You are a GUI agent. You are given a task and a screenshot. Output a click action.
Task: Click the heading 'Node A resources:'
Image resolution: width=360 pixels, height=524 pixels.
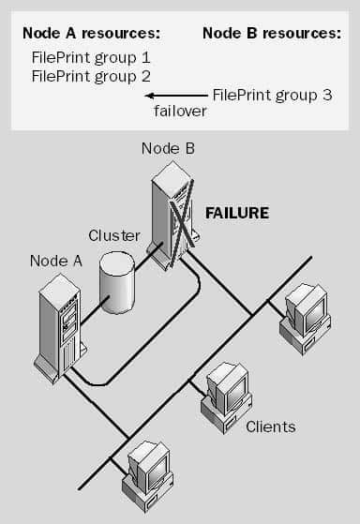pyautogui.click(x=92, y=33)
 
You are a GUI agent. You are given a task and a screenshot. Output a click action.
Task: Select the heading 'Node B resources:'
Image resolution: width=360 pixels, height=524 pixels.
pyautogui.click(x=271, y=33)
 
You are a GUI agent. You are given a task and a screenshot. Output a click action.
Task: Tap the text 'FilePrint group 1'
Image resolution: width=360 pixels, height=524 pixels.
pyautogui.click(x=91, y=57)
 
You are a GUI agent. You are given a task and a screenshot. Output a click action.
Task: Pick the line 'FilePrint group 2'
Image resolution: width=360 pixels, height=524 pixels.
pyautogui.click(x=91, y=76)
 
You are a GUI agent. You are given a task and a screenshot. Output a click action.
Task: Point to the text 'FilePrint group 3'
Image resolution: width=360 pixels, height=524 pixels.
pyautogui.click(x=273, y=95)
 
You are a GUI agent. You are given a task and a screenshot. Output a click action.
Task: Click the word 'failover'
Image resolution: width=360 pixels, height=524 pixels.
pyautogui.click(x=179, y=112)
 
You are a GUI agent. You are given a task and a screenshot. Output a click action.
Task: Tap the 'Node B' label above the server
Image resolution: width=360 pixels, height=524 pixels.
pyautogui.click(x=168, y=147)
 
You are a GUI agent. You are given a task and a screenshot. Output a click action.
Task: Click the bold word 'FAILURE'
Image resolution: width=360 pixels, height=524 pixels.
pyautogui.click(x=237, y=213)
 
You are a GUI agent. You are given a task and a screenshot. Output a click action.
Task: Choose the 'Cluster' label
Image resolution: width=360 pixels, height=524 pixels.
pyautogui.click(x=113, y=234)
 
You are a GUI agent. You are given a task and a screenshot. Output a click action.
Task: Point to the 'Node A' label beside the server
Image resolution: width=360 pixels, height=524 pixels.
pyautogui.click(x=55, y=261)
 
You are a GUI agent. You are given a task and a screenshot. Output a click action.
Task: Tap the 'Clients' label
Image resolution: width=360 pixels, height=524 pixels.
pyautogui.click(x=270, y=427)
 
